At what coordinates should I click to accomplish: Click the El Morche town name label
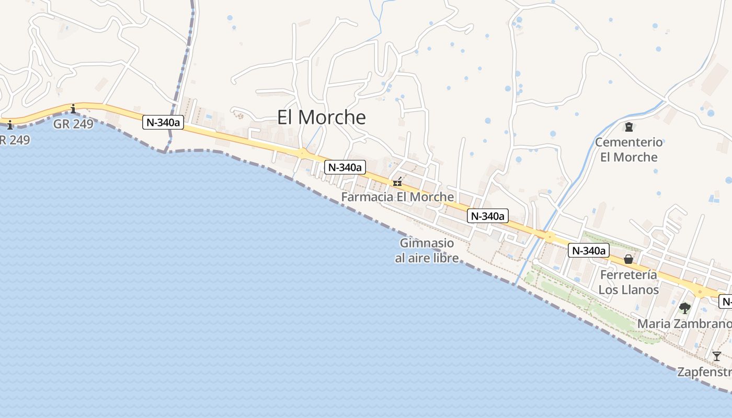coord(321,117)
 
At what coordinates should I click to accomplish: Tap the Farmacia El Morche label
coord(397,197)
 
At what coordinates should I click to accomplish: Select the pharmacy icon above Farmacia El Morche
coord(397,182)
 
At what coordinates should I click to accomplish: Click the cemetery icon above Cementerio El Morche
coord(628,126)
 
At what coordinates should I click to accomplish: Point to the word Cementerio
coord(628,142)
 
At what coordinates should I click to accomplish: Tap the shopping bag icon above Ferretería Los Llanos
coord(628,259)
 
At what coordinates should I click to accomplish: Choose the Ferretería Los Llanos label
coord(628,282)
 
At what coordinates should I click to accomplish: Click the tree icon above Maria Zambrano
coord(684,308)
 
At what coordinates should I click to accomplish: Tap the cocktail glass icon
coord(716,356)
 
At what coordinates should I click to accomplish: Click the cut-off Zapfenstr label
coord(704,372)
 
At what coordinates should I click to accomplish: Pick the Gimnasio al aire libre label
coord(427,250)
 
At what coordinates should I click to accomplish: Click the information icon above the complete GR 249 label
coord(73,109)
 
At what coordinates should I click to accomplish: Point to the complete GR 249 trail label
coord(73,124)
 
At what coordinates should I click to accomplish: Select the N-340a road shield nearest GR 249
coord(163,123)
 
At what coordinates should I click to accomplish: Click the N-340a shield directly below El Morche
coord(345,167)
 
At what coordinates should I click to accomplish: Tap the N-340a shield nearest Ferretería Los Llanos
coord(588,251)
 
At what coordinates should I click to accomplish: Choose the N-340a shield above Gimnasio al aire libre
coord(487,216)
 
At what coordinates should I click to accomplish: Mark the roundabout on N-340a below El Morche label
coord(302,153)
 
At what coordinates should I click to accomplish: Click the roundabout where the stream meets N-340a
coord(549,237)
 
